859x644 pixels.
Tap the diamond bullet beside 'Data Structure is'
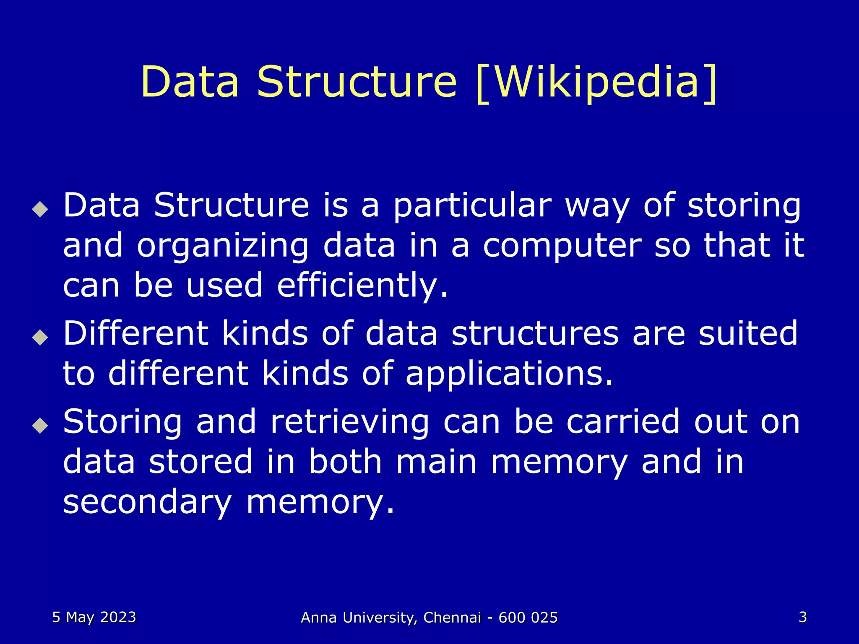tap(40, 208)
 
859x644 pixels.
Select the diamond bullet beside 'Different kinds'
tap(40, 337)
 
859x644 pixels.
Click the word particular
tap(472, 206)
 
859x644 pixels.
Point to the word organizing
tap(223, 247)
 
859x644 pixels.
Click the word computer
tap(562, 247)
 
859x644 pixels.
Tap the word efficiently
tap(362, 286)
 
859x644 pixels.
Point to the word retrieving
tap(350, 422)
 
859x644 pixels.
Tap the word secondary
tap(147, 503)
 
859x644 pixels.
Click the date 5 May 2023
tap(94, 617)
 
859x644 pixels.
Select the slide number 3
tap(802, 617)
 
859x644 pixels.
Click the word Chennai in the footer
tap(452, 618)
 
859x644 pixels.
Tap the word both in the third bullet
tap(345, 462)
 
